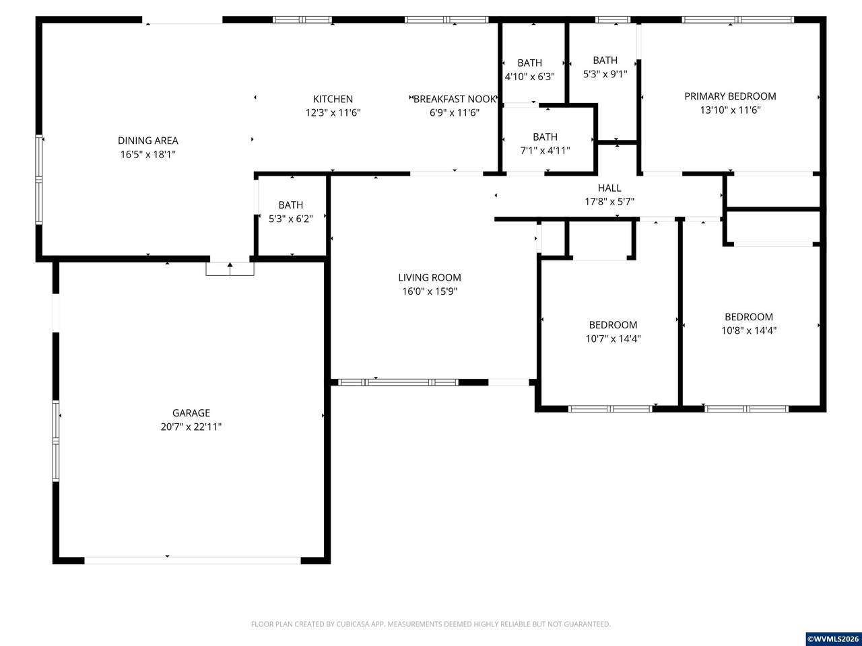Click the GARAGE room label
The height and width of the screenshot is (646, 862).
coord(191,413)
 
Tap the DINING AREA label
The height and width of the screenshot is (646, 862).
coord(148,141)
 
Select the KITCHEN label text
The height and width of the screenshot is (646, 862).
coord(333,99)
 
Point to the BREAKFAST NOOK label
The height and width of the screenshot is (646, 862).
coord(455,99)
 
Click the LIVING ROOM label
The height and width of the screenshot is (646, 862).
coord(430,278)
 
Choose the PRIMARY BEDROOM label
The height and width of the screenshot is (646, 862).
coord(730,96)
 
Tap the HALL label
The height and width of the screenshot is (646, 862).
coord(609,188)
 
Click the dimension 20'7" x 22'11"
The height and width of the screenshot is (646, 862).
coord(191,427)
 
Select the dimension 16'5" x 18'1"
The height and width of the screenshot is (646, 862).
coord(148,154)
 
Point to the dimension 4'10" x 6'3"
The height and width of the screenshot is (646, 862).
coord(530,77)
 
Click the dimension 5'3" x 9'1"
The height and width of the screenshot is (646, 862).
coord(605,74)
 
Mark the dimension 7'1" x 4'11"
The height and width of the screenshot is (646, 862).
coord(545,151)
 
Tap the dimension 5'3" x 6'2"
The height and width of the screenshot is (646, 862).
coord(291,219)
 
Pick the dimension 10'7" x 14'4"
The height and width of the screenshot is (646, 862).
coord(613,338)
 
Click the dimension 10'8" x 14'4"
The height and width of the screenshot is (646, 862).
coord(749,330)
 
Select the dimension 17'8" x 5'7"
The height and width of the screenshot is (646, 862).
coord(609,202)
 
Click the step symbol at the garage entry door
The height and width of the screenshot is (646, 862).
coord(230,269)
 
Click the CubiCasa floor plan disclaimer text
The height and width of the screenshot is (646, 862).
coord(431,624)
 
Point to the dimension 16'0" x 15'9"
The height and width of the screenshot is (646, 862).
coord(430,291)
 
